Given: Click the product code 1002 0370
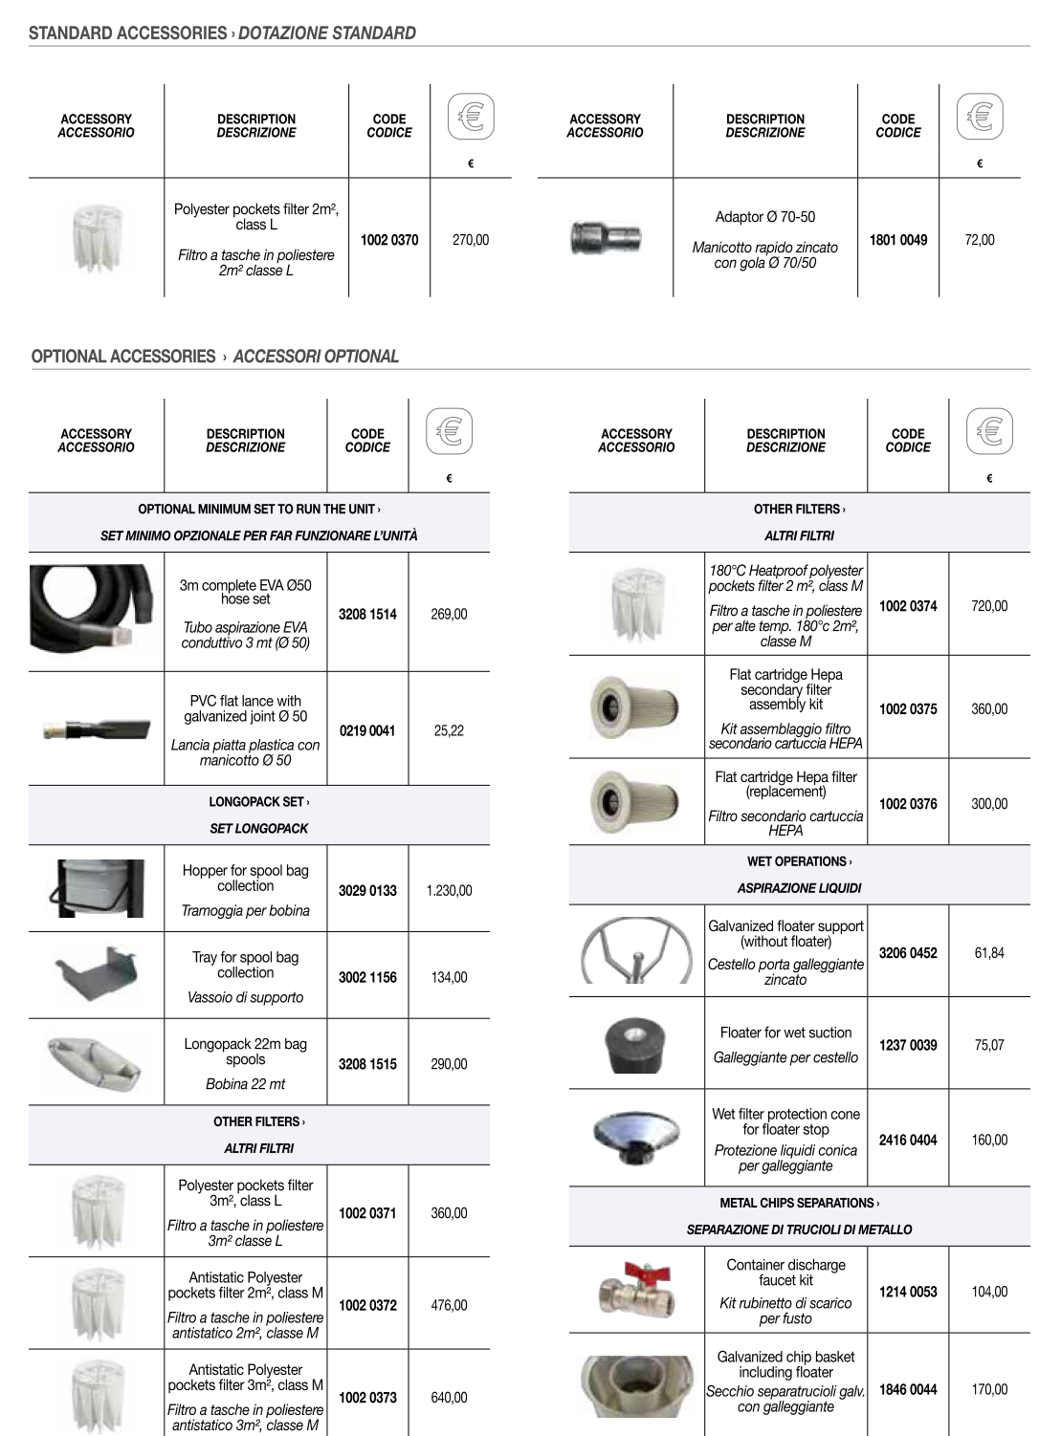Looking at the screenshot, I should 388,240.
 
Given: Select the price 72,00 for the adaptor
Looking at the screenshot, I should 980,240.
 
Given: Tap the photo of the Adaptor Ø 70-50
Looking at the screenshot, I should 605,237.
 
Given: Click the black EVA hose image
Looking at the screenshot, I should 96,605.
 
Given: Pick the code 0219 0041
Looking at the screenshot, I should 367,730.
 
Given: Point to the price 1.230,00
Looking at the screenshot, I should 449,890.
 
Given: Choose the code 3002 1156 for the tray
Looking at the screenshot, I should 367,977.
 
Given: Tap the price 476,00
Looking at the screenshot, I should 449,1305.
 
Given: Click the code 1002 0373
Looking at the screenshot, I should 367,1398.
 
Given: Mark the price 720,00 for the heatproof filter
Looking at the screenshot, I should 989,606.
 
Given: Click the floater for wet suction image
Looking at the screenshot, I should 635,1045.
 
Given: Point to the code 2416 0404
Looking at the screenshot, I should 908,1140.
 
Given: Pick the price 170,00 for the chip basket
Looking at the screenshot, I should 989,1389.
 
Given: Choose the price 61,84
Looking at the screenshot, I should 989,953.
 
